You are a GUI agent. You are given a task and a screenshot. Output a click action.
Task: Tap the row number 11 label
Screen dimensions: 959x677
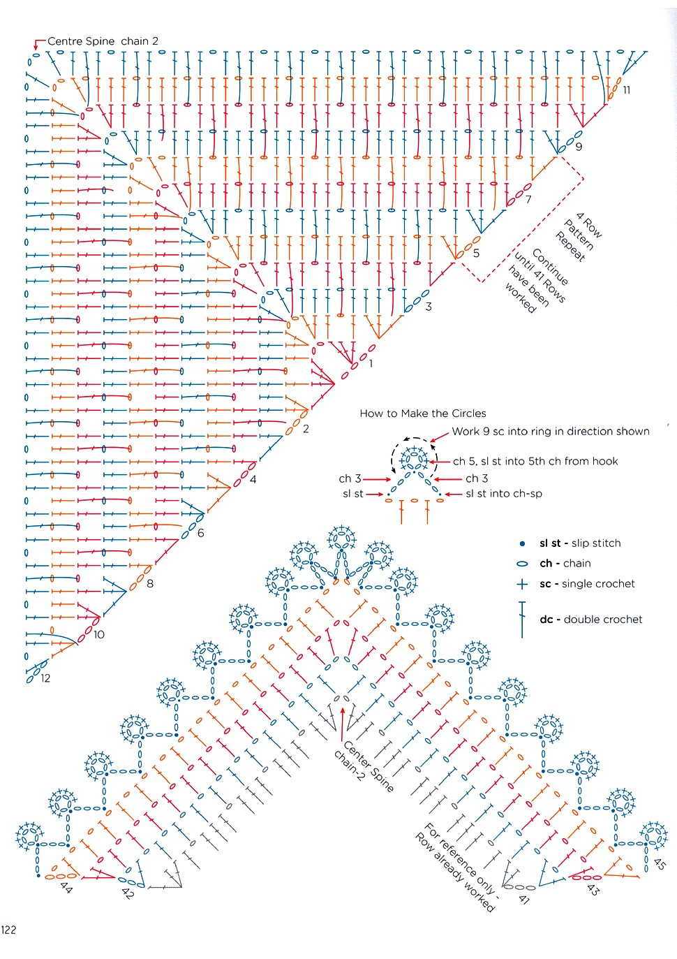[x=626, y=90]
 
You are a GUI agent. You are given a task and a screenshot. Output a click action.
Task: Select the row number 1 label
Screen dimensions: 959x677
[x=371, y=364]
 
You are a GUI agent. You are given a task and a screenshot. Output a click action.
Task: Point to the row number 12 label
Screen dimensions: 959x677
[x=45, y=678]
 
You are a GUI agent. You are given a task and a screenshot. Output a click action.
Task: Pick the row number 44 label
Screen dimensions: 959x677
[x=67, y=888]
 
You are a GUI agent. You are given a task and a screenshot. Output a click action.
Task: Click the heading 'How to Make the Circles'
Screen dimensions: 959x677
[x=422, y=413]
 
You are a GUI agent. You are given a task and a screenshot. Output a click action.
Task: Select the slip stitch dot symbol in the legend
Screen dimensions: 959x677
[x=521, y=543]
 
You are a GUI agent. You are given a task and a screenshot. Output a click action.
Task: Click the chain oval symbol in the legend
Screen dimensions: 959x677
[x=521, y=564]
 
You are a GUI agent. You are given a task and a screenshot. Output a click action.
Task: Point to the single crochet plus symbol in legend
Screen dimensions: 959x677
[x=521, y=584]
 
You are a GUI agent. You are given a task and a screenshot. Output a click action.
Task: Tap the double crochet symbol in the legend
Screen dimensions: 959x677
[x=521, y=619]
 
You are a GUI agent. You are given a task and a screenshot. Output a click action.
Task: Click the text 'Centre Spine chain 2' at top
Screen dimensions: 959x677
[x=103, y=41]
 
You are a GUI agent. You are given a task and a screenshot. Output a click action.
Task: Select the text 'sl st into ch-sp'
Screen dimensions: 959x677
[x=503, y=494]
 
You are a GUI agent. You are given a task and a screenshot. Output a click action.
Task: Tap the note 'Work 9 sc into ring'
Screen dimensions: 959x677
[x=550, y=432]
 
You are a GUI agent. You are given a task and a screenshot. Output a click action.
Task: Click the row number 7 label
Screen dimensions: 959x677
[x=528, y=200]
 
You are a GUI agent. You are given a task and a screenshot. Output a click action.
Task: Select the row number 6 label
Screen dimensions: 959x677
[x=200, y=534]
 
